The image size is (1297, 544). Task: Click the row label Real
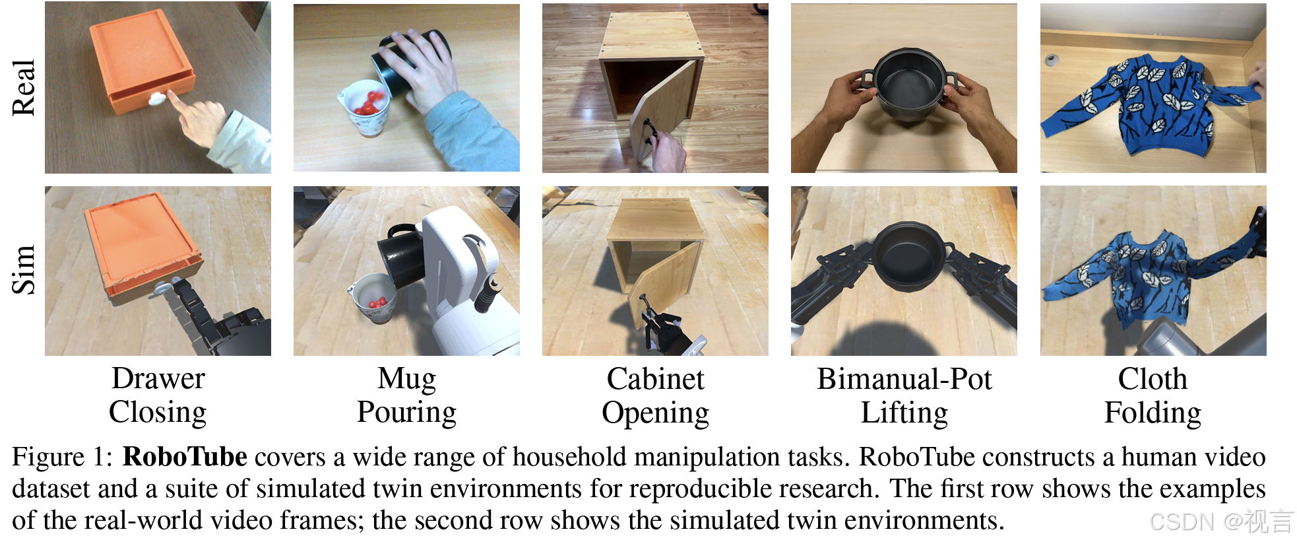click(24, 88)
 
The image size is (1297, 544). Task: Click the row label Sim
click(24, 269)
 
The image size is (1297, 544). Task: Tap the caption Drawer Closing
click(158, 395)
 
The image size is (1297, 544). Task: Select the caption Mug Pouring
click(406, 395)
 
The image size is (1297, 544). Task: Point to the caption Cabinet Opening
click(655, 395)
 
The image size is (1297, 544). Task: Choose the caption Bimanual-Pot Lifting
click(904, 395)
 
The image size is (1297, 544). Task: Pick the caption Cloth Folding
click(1153, 395)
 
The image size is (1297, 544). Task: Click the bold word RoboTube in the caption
click(185, 457)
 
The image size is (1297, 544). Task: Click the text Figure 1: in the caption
click(62, 457)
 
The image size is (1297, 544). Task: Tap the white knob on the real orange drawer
click(158, 99)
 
